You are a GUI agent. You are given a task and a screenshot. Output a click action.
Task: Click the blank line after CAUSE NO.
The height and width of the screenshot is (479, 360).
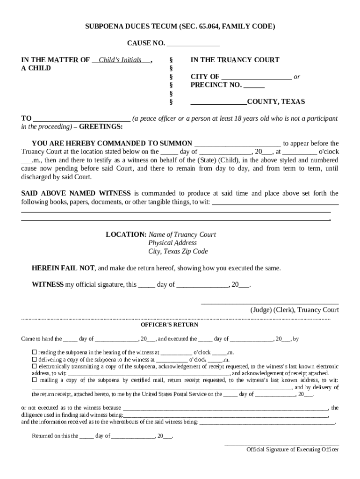point(193,44)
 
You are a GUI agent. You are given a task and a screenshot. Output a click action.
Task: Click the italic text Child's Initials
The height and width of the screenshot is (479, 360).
point(122,60)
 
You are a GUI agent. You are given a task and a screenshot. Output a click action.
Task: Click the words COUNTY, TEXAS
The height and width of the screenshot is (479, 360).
point(276,102)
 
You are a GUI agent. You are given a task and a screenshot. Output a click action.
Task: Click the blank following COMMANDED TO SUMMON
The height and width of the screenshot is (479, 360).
point(237,144)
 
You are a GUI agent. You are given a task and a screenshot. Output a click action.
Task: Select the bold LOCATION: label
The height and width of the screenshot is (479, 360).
point(126,234)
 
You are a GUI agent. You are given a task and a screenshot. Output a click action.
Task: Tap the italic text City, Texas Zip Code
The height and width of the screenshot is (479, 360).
point(178,251)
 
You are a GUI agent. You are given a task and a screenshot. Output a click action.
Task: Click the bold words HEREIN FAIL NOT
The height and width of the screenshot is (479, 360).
point(63,269)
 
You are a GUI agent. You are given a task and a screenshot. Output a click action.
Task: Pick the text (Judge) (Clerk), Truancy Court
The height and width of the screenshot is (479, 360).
point(295,310)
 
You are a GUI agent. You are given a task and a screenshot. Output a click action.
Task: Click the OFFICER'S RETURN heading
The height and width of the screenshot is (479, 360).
point(169,325)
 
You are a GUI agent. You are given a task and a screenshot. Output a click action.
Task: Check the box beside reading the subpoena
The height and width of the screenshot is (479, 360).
point(34,352)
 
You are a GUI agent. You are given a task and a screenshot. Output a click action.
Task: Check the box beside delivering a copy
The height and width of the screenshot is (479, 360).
point(34,359)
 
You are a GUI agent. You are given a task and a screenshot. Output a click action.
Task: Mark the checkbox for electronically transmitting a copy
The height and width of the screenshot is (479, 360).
point(34,366)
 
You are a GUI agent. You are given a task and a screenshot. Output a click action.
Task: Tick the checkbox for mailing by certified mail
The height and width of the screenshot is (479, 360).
point(34,380)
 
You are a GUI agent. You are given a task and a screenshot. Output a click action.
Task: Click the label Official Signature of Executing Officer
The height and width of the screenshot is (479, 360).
point(293,450)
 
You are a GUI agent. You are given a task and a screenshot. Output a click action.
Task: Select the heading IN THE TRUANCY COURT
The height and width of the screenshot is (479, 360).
point(235,60)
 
